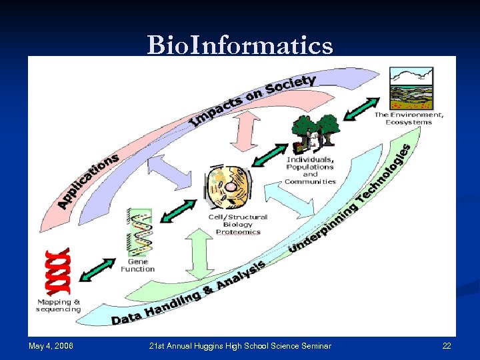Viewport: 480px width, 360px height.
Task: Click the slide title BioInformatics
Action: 240,45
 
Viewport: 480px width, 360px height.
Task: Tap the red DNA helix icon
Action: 57,271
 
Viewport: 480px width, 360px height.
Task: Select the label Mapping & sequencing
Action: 58,305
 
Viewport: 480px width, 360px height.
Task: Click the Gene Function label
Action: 137,265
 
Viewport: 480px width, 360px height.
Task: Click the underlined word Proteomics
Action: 237,232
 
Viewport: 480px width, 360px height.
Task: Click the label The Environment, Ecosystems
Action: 409,119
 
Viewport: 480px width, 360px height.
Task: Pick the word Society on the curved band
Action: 290,85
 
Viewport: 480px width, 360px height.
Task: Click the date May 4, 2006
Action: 51,345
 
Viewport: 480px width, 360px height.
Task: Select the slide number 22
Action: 446,345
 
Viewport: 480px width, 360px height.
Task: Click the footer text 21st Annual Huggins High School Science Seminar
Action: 239,345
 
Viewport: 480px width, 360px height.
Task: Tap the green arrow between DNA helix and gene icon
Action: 96,269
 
